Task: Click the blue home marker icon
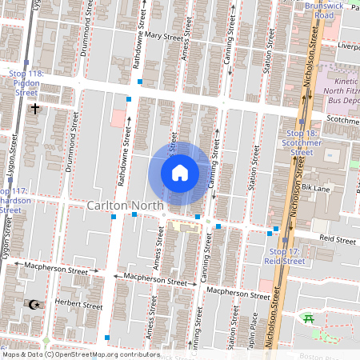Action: (x=180, y=173)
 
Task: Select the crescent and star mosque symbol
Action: (x=34, y=305)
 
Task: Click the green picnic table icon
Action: (x=308, y=319)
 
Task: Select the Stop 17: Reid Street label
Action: (x=283, y=256)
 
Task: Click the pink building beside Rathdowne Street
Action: (x=118, y=118)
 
